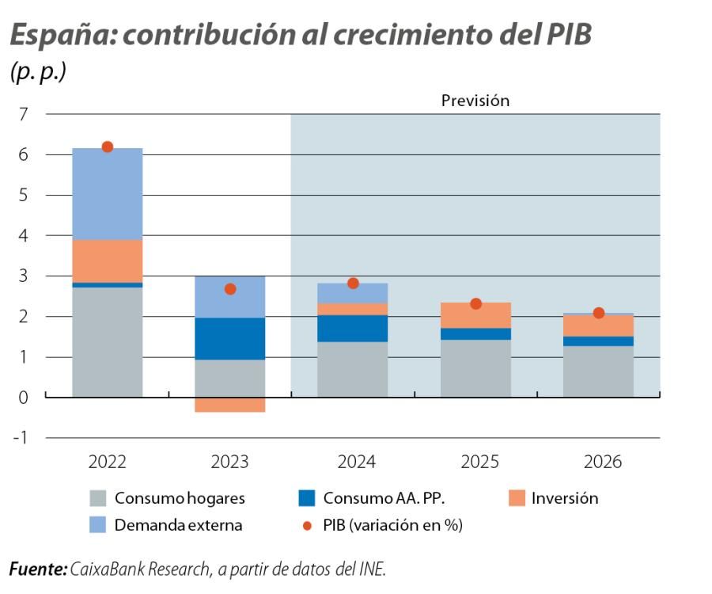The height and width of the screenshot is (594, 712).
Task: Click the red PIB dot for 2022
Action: pyautogui.click(x=108, y=147)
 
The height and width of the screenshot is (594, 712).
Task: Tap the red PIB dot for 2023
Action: pyautogui.click(x=230, y=289)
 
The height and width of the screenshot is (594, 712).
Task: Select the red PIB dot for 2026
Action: pyautogui.click(x=599, y=313)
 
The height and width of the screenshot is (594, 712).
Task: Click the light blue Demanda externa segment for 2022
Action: pyautogui.click(x=108, y=194)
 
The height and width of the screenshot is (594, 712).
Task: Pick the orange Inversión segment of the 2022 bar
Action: pyautogui.click(x=108, y=261)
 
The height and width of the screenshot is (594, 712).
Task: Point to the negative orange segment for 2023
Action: pyautogui.click(x=230, y=405)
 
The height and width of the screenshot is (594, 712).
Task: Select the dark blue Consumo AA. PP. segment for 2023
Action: pyautogui.click(x=230, y=338)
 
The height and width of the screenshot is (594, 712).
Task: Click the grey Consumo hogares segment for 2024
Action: pyautogui.click(x=353, y=369)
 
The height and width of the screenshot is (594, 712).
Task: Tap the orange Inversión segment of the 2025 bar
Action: pyautogui.click(x=475, y=315)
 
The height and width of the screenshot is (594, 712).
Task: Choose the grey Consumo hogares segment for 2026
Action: pyautogui.click(x=599, y=371)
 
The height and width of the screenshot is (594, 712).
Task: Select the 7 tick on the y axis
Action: pyautogui.click(x=23, y=115)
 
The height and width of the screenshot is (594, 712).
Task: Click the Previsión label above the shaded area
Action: pyautogui.click(x=475, y=101)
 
